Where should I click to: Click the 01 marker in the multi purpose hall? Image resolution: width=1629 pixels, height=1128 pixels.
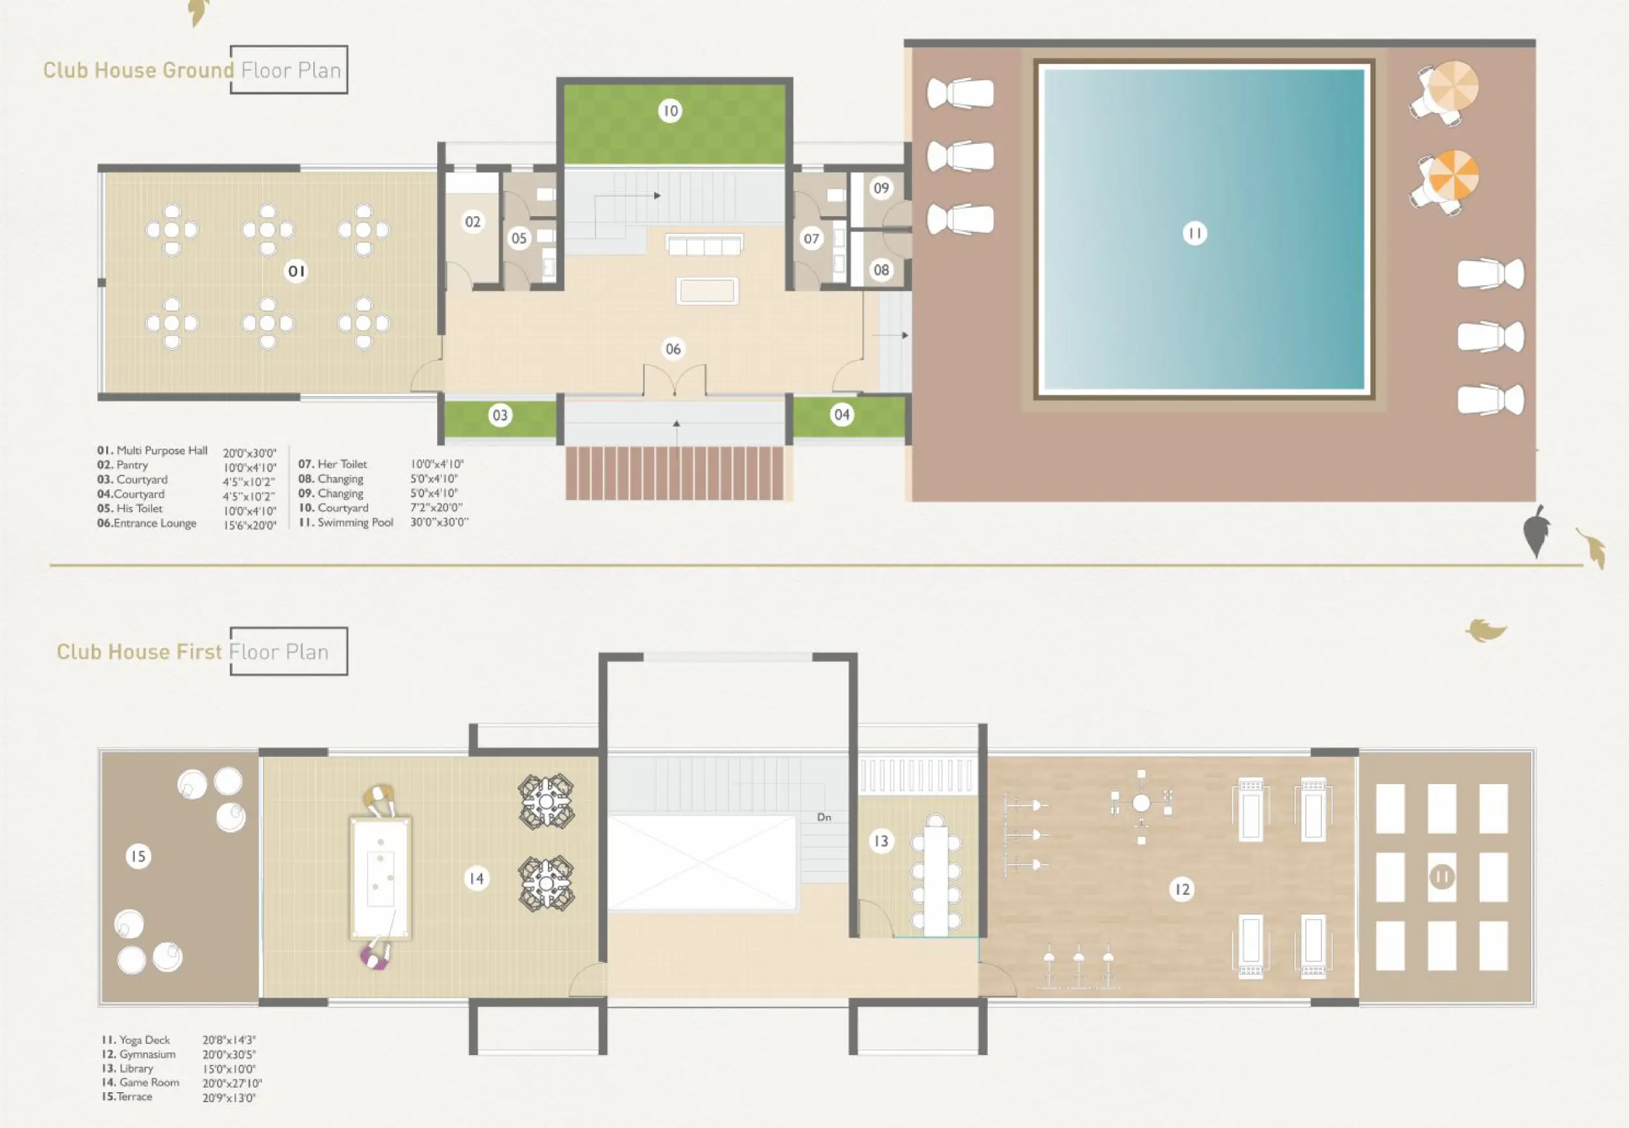coord(296,272)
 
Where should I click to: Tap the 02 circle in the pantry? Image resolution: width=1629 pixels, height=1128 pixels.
coord(472,222)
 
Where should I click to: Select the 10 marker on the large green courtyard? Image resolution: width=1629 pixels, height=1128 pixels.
coord(670,111)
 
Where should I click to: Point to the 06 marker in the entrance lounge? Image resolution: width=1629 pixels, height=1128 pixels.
coord(673,348)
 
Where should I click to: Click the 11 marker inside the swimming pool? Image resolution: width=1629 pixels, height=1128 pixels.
coord(1194,233)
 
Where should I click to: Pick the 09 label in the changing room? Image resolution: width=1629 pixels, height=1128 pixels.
coord(881,188)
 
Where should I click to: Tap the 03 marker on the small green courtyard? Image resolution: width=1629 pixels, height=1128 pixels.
coord(500,415)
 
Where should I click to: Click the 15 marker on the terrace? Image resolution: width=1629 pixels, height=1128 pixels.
coord(138,856)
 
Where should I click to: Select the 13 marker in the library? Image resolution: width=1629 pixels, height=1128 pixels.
coord(881,841)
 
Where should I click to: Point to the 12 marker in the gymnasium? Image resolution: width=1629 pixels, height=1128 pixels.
coord(1182,889)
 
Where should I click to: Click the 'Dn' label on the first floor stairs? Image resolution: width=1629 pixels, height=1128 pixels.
coord(824,817)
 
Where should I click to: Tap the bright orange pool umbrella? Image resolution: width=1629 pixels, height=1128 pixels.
coord(1453,175)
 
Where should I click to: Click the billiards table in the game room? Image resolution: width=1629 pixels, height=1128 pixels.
coord(381,879)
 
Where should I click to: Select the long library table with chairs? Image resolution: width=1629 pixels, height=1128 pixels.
coord(936,877)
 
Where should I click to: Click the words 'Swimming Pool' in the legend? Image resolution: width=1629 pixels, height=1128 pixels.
coord(355,522)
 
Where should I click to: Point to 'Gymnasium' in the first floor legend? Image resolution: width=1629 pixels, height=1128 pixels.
coord(147,1054)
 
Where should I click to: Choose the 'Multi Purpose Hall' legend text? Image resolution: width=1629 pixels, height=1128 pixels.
coord(162,450)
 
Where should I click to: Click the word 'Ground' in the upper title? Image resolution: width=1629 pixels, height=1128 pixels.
coord(198,70)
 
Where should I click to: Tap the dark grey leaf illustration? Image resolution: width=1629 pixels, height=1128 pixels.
coord(1536,531)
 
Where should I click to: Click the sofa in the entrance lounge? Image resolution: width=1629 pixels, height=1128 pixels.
coord(704,244)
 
